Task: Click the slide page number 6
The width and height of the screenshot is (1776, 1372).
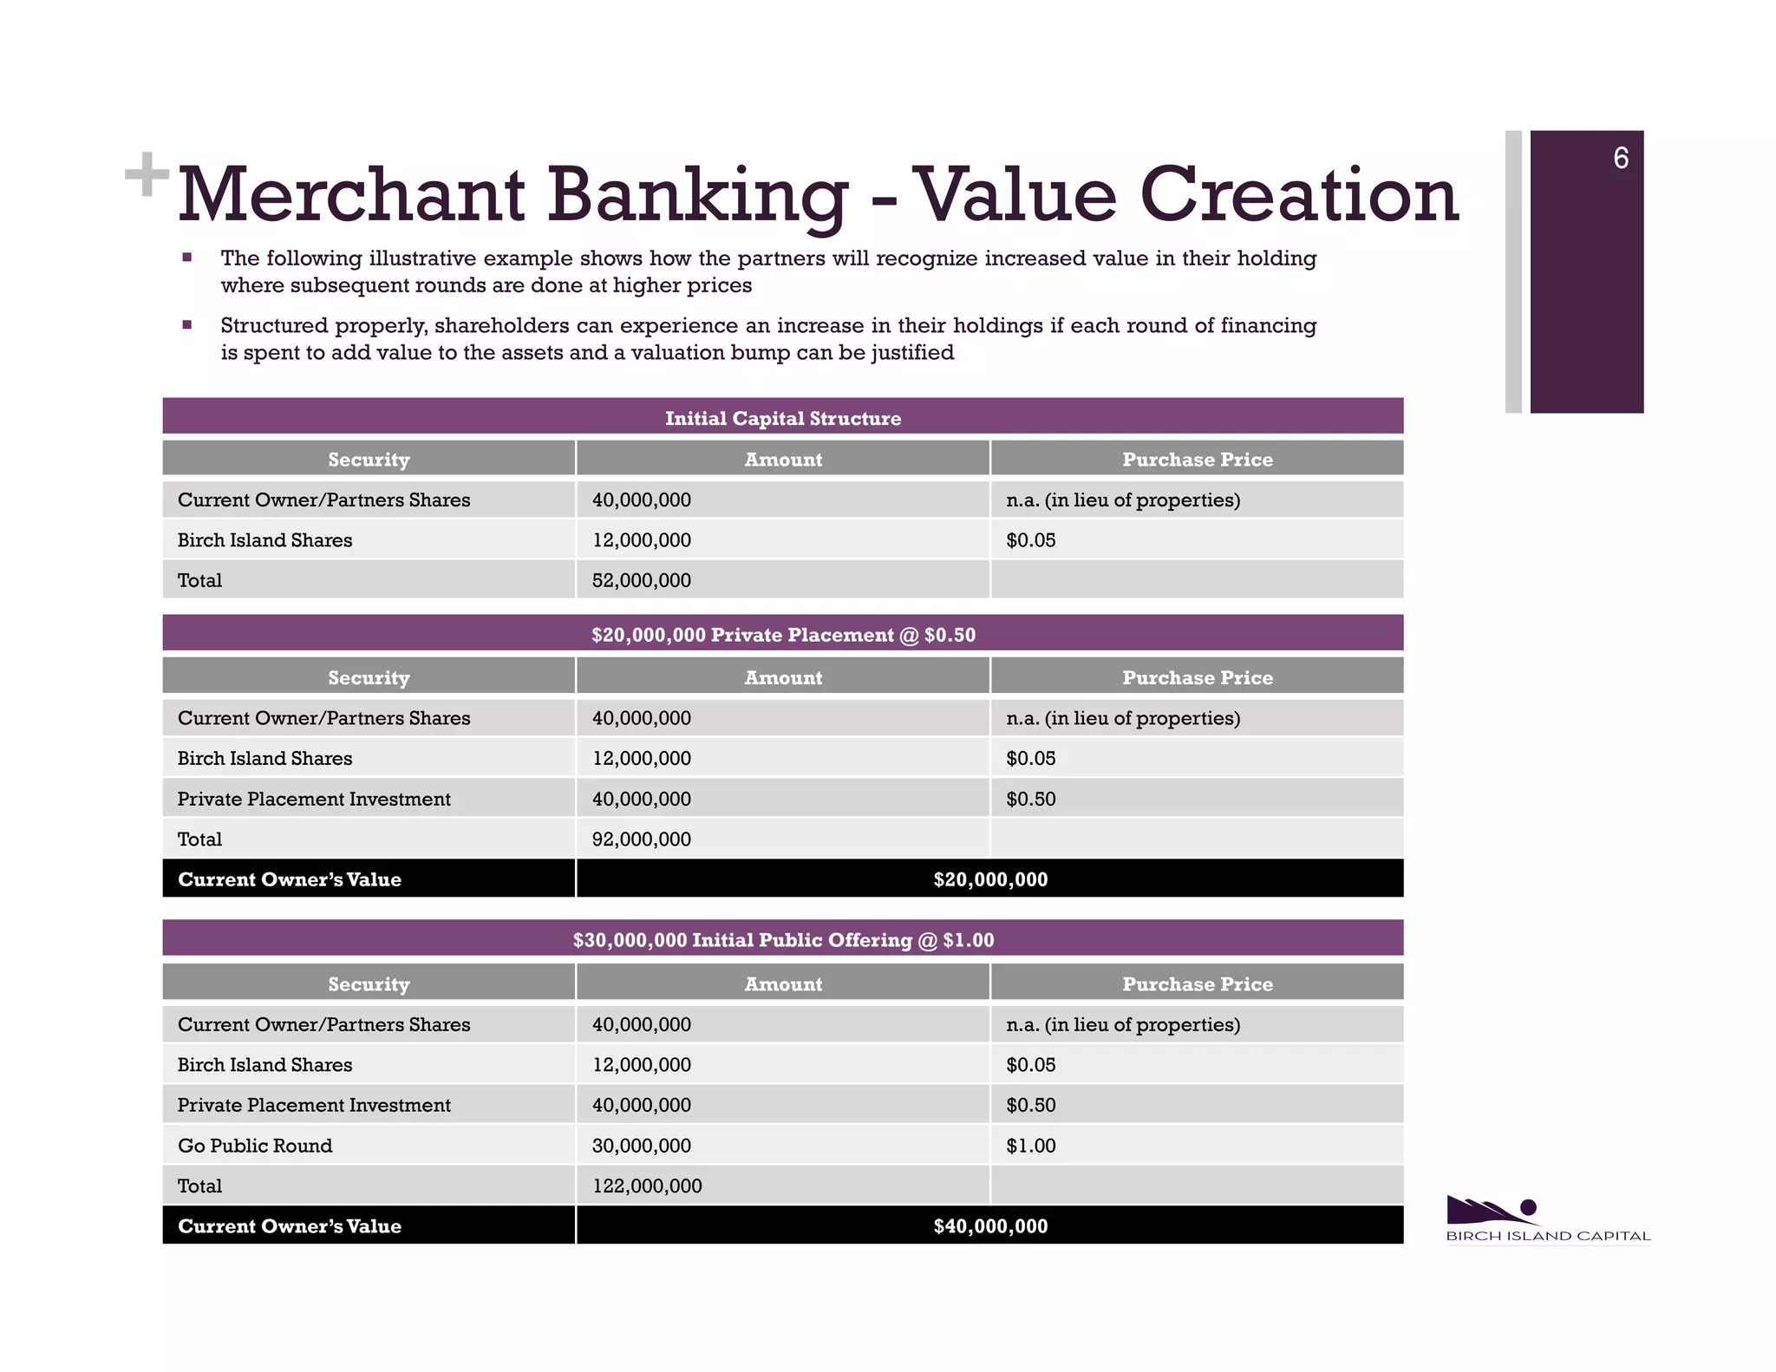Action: pyautogui.click(x=1620, y=159)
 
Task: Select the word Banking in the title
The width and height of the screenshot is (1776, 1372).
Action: pyautogui.click(x=697, y=196)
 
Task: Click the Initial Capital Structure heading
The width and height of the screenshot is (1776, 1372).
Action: pyautogui.click(x=782, y=418)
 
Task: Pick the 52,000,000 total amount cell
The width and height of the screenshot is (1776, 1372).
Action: pyautogui.click(x=642, y=580)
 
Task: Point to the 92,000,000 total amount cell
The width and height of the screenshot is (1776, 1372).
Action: pyautogui.click(x=642, y=839)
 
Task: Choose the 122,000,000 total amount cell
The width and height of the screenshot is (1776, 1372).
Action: pyautogui.click(x=647, y=1186)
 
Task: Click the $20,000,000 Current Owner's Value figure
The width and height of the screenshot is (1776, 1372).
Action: pyautogui.click(x=990, y=879)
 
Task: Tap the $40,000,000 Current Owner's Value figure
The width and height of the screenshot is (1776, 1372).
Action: pyautogui.click(x=990, y=1226)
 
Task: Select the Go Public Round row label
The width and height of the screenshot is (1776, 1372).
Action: pyautogui.click(x=255, y=1146)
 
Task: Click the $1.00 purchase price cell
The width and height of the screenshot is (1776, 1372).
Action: pyautogui.click(x=1031, y=1146)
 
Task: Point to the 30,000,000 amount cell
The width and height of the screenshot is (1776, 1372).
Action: pyautogui.click(x=642, y=1146)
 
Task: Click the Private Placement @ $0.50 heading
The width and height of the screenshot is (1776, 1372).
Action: pyautogui.click(x=782, y=635)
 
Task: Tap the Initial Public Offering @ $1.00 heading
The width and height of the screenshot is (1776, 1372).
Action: pyautogui.click(x=782, y=940)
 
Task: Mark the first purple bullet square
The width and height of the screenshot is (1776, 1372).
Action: pyautogui.click(x=186, y=258)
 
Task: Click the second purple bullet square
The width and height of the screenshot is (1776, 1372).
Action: pyautogui.click(x=186, y=325)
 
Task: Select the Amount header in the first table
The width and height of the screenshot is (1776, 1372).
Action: pyautogui.click(x=782, y=460)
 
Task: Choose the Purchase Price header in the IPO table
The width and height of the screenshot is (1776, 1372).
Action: pyautogui.click(x=1197, y=984)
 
